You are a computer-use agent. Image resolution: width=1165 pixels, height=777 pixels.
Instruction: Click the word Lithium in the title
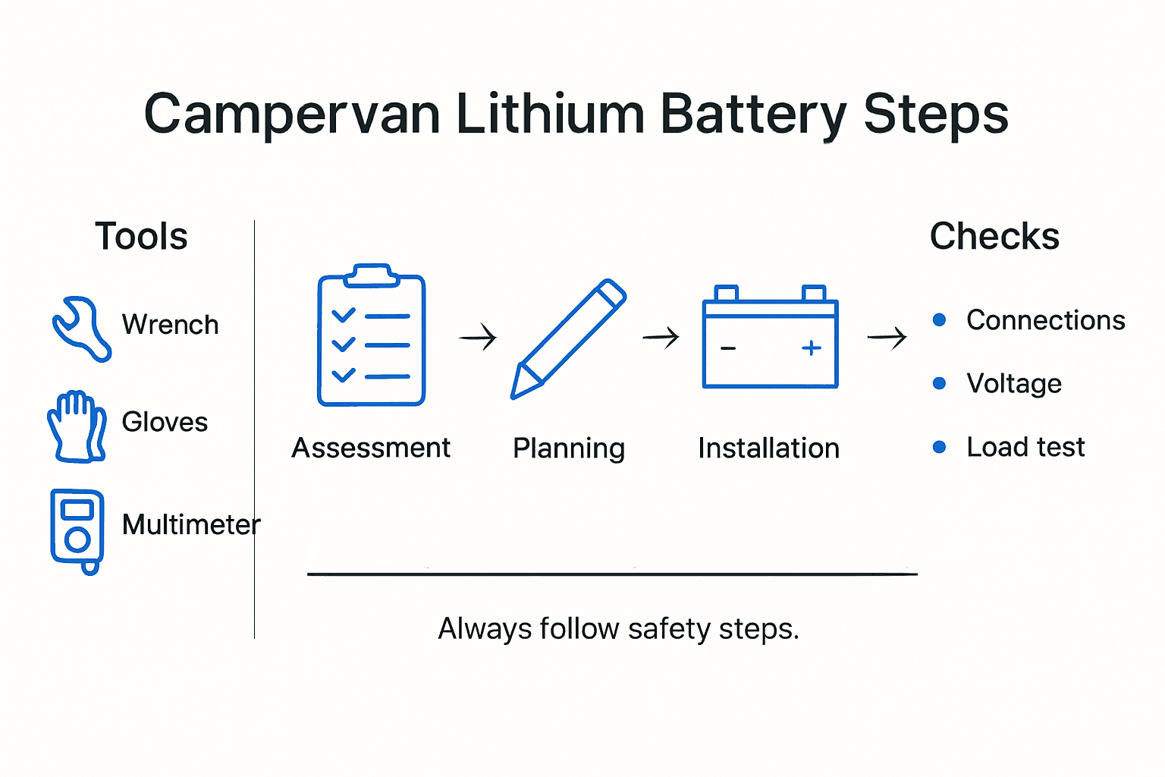(550, 115)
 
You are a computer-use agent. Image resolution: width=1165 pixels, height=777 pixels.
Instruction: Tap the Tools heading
(141, 236)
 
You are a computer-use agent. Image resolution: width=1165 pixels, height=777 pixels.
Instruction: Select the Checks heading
(994, 236)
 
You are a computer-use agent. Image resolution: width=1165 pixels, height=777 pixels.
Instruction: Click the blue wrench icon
(80, 328)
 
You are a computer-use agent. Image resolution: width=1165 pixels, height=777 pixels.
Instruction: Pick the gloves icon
(77, 426)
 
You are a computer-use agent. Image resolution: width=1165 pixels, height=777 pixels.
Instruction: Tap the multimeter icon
(77, 530)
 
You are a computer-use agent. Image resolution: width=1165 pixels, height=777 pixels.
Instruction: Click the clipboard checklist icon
(371, 336)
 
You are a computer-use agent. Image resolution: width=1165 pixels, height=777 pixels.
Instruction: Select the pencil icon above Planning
(568, 338)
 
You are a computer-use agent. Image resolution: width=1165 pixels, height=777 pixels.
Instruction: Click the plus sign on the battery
(811, 348)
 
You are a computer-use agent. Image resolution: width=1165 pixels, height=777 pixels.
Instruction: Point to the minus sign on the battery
(728, 348)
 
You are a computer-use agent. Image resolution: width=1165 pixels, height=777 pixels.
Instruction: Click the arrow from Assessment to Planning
(478, 336)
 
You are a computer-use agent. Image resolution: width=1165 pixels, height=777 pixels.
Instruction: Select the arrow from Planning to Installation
(661, 336)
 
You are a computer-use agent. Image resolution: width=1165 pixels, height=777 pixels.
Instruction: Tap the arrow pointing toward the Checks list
(887, 336)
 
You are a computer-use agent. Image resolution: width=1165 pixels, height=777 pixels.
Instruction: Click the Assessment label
(371, 448)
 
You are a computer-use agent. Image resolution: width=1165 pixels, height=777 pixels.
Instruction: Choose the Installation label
(768, 448)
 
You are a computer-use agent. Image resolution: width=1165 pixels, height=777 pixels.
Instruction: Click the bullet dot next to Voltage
(939, 383)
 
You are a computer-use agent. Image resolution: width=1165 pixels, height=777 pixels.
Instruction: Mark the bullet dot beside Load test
(939, 447)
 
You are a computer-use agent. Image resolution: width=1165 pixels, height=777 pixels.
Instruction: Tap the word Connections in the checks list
(1045, 320)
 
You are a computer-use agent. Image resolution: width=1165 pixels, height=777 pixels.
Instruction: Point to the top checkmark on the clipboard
(344, 315)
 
